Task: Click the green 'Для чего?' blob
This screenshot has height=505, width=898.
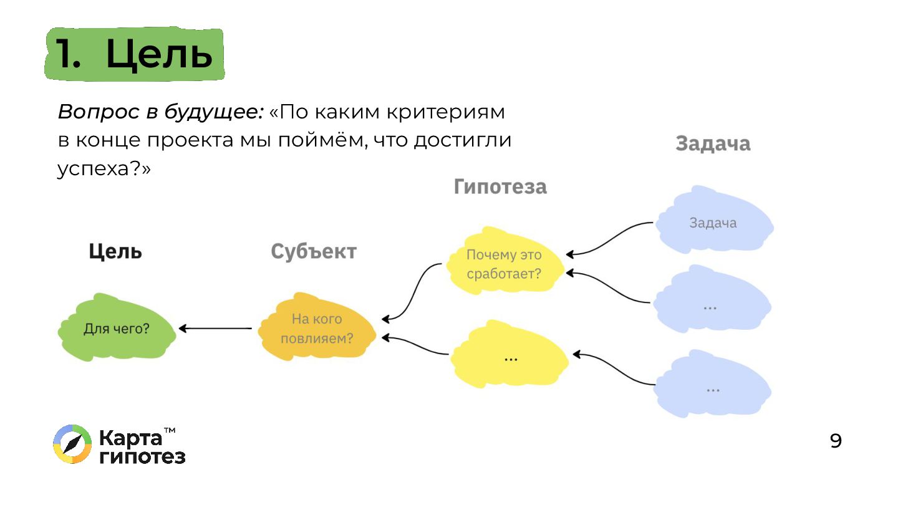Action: (x=117, y=329)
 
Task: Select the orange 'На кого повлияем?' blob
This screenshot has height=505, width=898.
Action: (x=317, y=329)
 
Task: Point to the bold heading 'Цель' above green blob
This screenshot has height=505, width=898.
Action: (x=115, y=251)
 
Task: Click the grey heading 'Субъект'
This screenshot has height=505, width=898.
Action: (x=314, y=251)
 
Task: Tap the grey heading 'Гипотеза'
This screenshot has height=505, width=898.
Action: (x=500, y=186)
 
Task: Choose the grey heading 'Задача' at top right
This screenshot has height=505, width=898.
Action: (x=713, y=143)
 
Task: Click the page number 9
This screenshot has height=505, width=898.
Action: (x=836, y=441)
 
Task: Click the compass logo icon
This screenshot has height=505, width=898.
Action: (x=72, y=445)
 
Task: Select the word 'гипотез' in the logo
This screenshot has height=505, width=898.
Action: (x=142, y=456)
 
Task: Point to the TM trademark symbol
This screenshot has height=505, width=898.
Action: (x=169, y=430)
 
